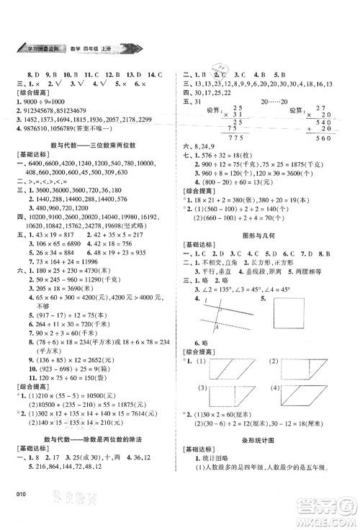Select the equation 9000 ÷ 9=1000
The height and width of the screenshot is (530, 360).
pyautogui.click(x=41, y=100)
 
